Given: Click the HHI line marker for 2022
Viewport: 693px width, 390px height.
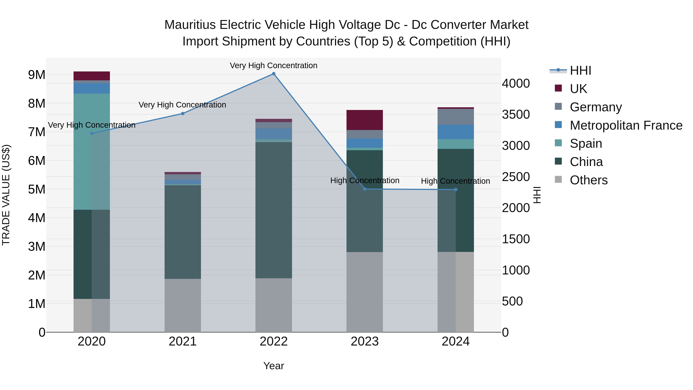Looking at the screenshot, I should (274, 74).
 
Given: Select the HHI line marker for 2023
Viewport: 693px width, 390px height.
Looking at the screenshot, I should (365, 189).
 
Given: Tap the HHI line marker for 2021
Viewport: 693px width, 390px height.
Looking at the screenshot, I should (183, 114).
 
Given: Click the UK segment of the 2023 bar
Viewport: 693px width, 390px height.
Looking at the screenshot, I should (365, 120).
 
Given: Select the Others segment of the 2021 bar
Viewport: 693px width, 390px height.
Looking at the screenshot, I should (183, 305).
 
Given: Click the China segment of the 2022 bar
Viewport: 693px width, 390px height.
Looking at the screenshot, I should (274, 210).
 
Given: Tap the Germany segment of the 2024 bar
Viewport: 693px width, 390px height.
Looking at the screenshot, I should (455, 117).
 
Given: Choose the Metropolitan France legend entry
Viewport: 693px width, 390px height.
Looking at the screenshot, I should (626, 125).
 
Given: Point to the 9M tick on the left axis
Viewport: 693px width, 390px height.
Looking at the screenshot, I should (37, 75).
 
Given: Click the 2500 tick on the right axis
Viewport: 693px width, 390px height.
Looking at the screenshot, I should (516, 177).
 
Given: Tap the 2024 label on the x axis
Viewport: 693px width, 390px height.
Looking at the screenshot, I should (455, 341).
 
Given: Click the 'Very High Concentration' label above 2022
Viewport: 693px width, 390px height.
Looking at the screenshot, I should (273, 65).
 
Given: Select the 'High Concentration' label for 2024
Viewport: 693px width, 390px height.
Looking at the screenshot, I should (455, 181).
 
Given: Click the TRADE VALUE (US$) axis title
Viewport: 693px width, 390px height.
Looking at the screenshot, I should (6, 195).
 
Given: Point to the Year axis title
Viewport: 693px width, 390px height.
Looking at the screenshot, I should (274, 366).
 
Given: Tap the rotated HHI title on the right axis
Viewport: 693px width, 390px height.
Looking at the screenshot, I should (537, 195).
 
